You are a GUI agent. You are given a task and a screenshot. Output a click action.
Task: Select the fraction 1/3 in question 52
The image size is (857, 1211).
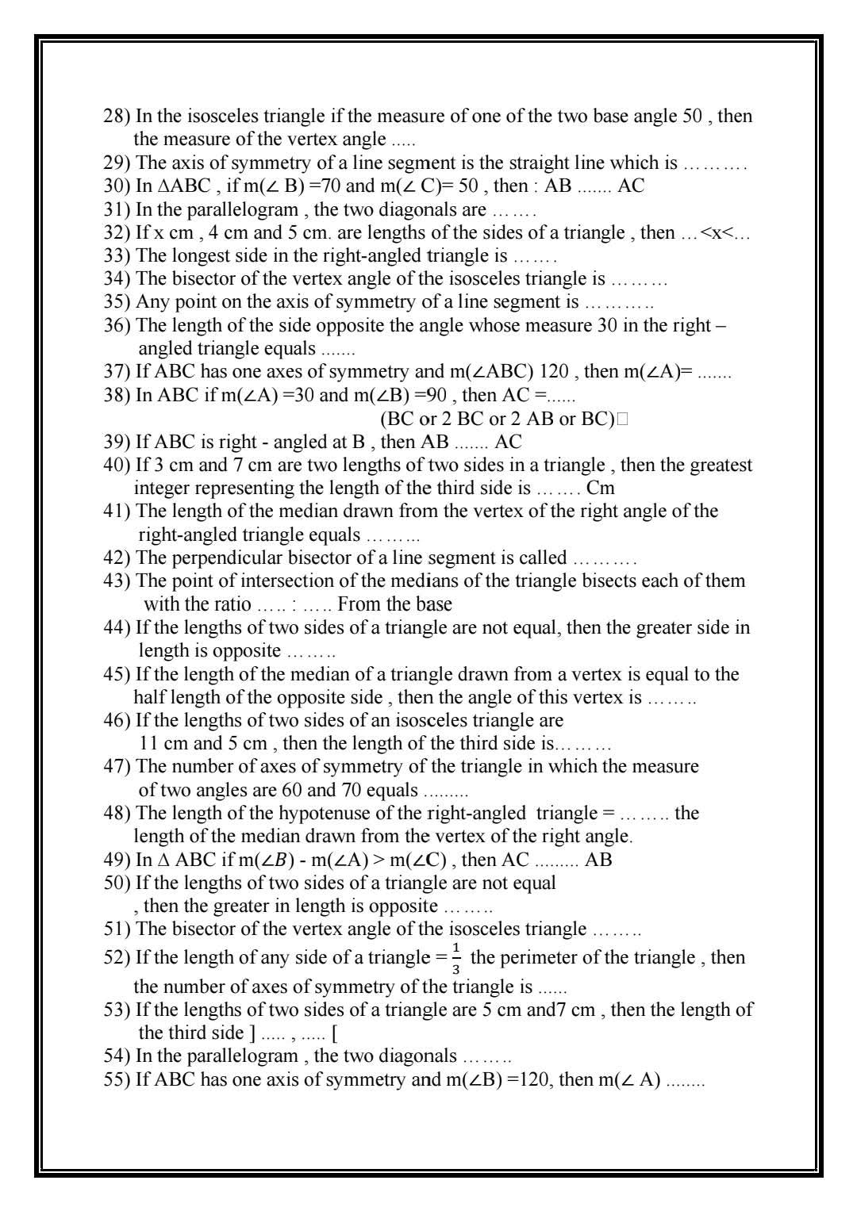point(455,959)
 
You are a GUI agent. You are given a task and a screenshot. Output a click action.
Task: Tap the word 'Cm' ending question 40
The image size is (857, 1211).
point(600,489)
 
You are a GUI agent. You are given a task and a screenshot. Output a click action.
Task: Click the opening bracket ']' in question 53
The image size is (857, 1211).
point(252,1033)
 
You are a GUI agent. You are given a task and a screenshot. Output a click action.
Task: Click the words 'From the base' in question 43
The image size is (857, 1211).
point(394,604)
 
